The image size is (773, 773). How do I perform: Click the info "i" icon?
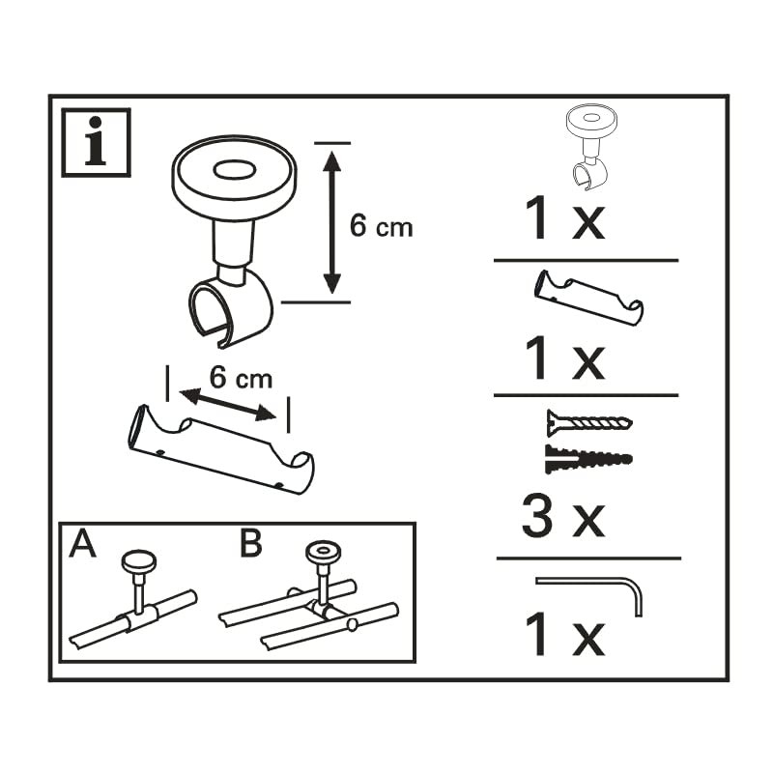click(96, 142)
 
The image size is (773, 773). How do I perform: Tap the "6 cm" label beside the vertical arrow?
click(381, 226)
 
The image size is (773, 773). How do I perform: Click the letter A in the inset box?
click(84, 544)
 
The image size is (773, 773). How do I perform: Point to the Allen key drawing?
click(591, 588)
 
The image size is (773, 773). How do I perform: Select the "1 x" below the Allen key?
click(563, 636)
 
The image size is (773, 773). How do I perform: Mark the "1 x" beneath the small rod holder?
click(563, 358)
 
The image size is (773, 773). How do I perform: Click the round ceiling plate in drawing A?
click(139, 559)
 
